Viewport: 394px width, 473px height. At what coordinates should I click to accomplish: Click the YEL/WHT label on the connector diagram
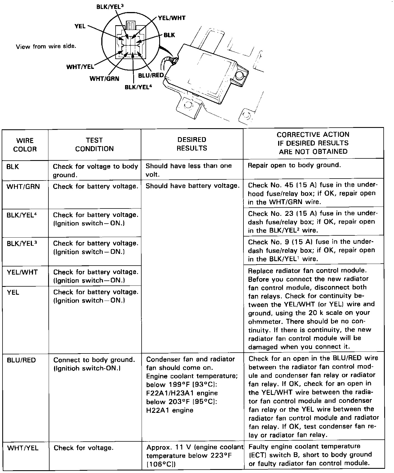tap(172, 18)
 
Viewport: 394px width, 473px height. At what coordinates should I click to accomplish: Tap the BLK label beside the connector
tap(169, 35)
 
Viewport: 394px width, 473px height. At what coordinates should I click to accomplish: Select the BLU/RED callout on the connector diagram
tap(151, 76)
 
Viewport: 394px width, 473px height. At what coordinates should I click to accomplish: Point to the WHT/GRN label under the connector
tap(104, 79)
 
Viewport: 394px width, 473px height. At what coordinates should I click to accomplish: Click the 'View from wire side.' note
tap(46, 46)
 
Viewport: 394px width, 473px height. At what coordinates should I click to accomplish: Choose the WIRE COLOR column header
tap(25, 145)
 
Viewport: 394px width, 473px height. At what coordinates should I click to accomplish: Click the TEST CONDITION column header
tap(94, 144)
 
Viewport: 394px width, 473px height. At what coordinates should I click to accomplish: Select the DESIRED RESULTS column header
tap(192, 144)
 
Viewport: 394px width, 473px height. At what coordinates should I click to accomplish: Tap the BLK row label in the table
tap(13, 167)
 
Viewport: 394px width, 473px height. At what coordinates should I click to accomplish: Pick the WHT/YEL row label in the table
tap(23, 448)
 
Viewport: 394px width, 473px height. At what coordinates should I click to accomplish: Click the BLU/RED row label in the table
tap(21, 360)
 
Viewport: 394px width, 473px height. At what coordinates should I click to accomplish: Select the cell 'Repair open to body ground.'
tap(294, 165)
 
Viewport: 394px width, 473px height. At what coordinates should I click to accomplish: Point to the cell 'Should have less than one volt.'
tap(189, 170)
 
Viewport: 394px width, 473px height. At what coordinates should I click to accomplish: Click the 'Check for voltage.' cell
tap(83, 448)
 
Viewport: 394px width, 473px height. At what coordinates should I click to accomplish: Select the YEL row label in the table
tap(13, 292)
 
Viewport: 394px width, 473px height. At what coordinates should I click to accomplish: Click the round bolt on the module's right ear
tap(240, 75)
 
